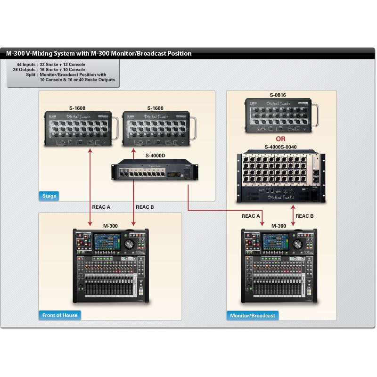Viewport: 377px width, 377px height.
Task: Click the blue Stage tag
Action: pos(49,196)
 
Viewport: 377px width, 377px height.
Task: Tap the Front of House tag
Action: pos(60,315)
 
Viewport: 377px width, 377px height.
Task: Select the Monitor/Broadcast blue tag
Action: pos(252,315)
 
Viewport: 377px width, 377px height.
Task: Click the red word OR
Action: pos(281,139)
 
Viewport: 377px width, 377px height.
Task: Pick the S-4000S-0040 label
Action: pos(281,147)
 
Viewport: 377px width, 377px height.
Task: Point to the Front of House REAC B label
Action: pos(145,207)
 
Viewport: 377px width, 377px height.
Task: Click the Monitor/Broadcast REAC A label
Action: pos(251,216)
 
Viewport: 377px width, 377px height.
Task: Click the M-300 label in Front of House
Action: pos(110,226)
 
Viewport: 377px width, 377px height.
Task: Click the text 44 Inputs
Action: pos(26,64)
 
